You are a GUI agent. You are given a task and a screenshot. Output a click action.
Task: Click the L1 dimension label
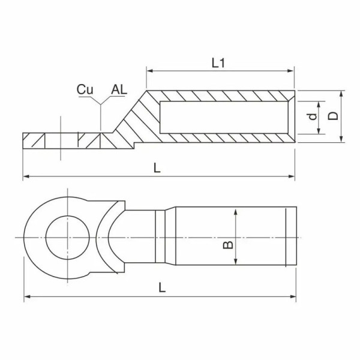pyautogui.click(x=218, y=61)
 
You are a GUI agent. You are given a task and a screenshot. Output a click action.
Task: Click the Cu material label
pyautogui.click(x=85, y=89)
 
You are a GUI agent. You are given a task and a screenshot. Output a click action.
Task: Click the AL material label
pyautogui.click(x=119, y=89)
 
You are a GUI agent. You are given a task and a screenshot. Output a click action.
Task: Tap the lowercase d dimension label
pyautogui.click(x=312, y=116)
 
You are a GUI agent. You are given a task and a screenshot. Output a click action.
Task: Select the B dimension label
pyautogui.click(x=227, y=245)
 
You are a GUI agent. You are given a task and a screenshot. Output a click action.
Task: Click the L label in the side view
pyautogui.click(x=157, y=169)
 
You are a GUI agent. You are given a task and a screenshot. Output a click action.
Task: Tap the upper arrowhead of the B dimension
pyautogui.click(x=236, y=212)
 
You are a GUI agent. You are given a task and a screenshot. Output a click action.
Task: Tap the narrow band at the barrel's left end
pyautogui.click(x=161, y=237)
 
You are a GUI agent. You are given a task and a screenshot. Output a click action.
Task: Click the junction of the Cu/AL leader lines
pyautogui.click(x=101, y=106)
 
